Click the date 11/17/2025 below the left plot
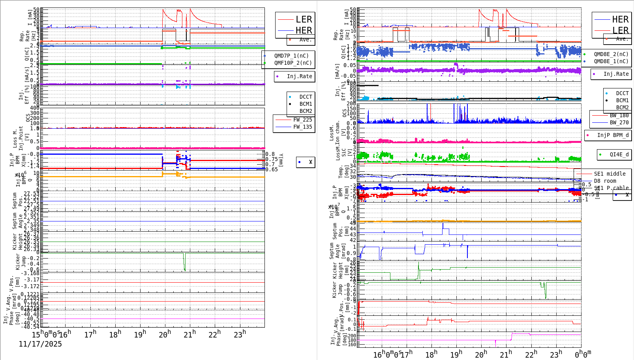coord(40,344)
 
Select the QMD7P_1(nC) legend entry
coord(291,56)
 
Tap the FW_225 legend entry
coord(302,120)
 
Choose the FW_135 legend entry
coord(302,127)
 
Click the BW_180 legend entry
coord(619,115)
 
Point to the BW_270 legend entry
coord(619,122)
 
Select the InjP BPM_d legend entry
coord(612,135)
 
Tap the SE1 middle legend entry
coord(610,174)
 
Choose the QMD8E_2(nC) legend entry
coord(611,54)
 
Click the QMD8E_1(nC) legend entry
coord(611,61)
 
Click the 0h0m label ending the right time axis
coord(583,354)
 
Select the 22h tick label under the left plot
coord(215,334)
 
